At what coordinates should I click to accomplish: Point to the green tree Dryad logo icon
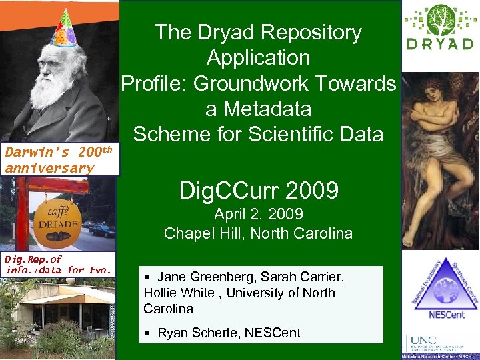pyautogui.click(x=441, y=21)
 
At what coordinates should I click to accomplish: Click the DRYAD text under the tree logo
pyautogui.click(x=440, y=45)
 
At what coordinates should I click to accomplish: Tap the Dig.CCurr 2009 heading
pyautogui.click(x=259, y=191)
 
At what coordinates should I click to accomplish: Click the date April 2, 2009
pyautogui.click(x=259, y=215)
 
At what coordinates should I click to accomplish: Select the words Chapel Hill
pyautogui.click(x=197, y=233)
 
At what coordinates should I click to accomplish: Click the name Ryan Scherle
pyautogui.click(x=193, y=333)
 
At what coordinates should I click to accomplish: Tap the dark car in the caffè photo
pyautogui.click(x=101, y=231)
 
